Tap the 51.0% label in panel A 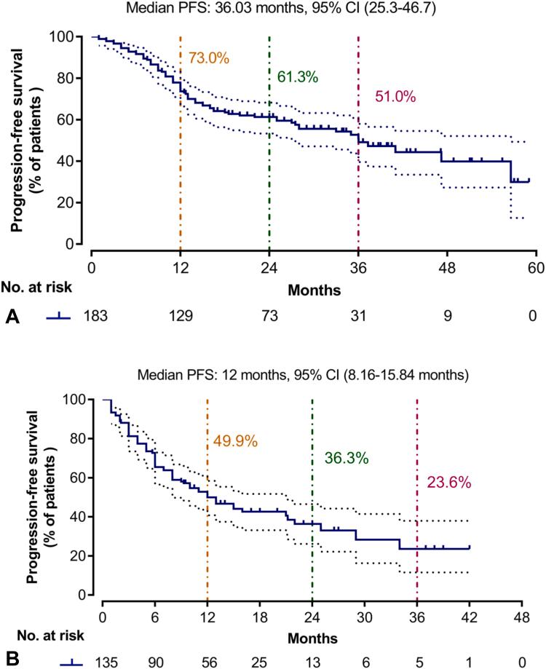coord(394,98)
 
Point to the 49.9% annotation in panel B coord(231,440)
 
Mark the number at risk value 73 coord(269,316)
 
